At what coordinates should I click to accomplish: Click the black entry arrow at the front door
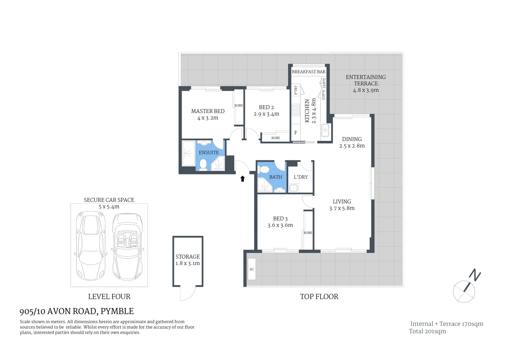[x=243, y=179]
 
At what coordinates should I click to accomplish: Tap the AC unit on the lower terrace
[x=252, y=269]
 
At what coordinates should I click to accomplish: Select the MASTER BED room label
[x=208, y=111]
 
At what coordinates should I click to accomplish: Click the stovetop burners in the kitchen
[x=296, y=110]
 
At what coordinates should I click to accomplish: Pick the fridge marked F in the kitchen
[x=295, y=133]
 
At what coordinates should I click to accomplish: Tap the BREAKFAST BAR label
[x=308, y=72]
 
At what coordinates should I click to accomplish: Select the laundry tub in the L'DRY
[x=293, y=188]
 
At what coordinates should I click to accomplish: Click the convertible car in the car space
[x=126, y=247]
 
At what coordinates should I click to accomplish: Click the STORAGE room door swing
[x=188, y=293]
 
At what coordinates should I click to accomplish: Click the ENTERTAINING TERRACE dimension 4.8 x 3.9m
[x=366, y=90]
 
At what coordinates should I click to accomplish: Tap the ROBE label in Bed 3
[x=308, y=233]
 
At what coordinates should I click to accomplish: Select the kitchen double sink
[x=325, y=130]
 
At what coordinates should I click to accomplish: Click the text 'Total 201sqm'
[x=427, y=331]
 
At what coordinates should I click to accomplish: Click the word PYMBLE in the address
[x=117, y=311]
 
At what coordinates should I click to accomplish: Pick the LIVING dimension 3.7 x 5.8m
[x=342, y=208]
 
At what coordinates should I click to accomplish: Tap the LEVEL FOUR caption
[x=109, y=296]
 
